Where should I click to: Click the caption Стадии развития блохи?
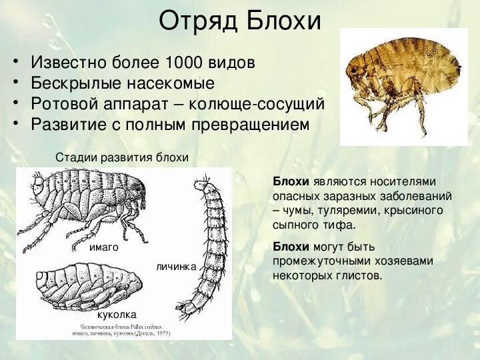point(122,157)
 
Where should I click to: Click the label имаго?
point(103,247)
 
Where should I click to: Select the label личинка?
point(176,267)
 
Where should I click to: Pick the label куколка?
point(117,313)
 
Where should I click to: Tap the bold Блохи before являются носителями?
point(291,182)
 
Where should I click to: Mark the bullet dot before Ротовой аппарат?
point(17,105)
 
